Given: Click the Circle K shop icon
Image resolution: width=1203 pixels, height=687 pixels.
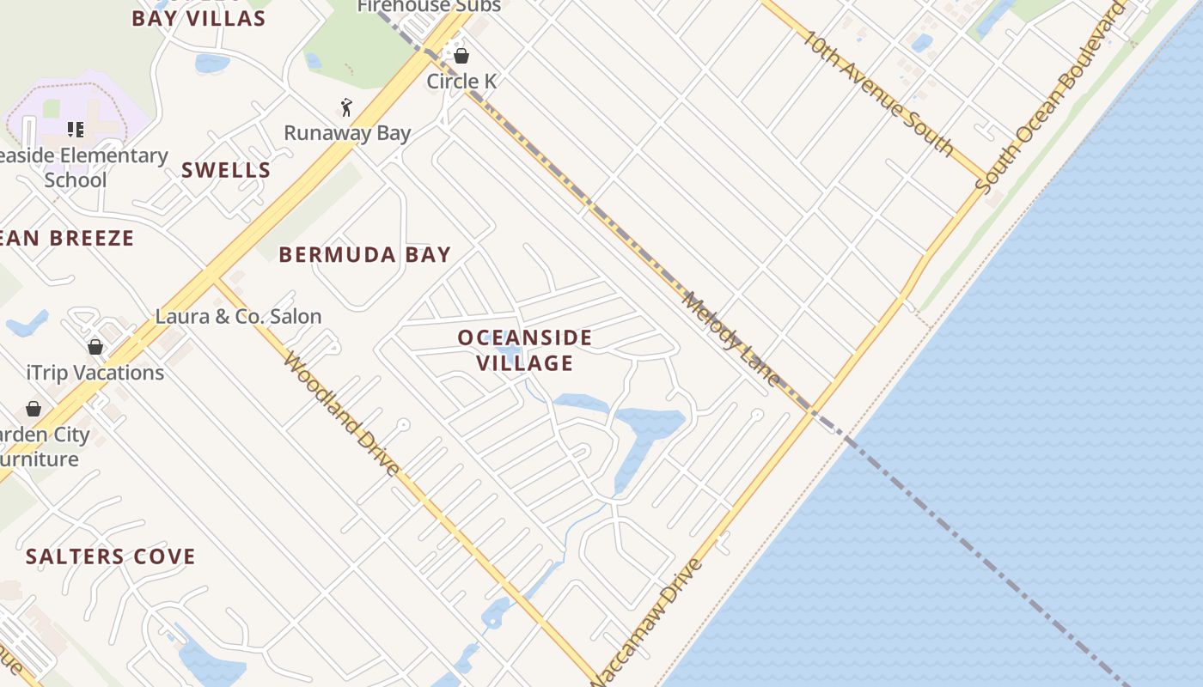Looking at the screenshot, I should pyautogui.click(x=461, y=57).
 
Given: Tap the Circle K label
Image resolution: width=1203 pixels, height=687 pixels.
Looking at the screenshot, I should pyautogui.click(x=462, y=82).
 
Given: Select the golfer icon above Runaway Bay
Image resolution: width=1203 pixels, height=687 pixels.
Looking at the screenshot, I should pyautogui.click(x=346, y=107).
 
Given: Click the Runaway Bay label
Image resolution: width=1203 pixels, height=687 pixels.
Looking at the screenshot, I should pyautogui.click(x=347, y=133).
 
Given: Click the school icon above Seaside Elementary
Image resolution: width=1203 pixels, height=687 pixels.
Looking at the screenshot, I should pyautogui.click(x=76, y=130).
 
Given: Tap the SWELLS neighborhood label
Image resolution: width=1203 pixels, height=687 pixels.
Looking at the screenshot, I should pyautogui.click(x=226, y=170).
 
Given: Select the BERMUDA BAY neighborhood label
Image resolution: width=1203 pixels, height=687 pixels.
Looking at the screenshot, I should pyautogui.click(x=365, y=254).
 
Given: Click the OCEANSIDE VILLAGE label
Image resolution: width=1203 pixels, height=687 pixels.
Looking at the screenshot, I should pyautogui.click(x=525, y=350).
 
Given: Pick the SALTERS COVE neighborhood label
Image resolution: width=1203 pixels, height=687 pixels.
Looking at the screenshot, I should pyautogui.click(x=111, y=556).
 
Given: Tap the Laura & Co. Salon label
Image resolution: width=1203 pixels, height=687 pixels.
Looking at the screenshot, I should pyautogui.click(x=238, y=316).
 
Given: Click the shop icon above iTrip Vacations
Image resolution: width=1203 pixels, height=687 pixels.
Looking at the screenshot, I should pyautogui.click(x=95, y=347).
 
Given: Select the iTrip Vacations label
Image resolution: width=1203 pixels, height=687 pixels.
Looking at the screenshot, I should pyautogui.click(x=95, y=373).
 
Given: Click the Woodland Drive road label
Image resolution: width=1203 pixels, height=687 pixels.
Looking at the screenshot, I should pyautogui.click(x=341, y=413).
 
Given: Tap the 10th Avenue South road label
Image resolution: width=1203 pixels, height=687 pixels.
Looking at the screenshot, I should pyautogui.click(x=879, y=94).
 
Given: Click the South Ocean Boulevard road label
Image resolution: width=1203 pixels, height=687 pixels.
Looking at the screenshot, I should pyautogui.click(x=1050, y=97).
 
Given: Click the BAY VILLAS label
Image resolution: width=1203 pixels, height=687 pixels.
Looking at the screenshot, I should pyautogui.click(x=198, y=18).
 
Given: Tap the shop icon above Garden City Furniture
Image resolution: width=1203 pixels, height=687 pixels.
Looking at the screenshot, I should pyautogui.click(x=34, y=409).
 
